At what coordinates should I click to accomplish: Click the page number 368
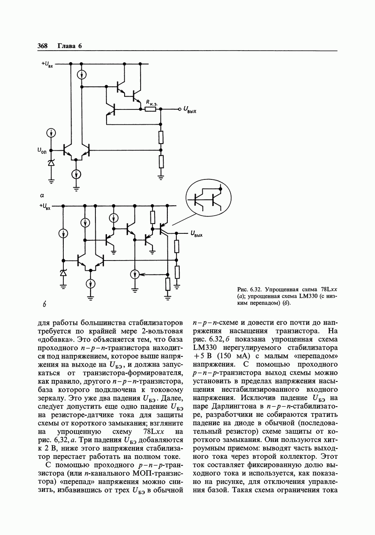coord(42,46)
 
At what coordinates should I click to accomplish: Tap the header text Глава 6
coord(69,46)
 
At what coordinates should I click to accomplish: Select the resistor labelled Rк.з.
coord(150,109)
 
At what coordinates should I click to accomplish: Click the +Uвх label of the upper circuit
coord(46,64)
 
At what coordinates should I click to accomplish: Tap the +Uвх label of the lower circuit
coord(45,206)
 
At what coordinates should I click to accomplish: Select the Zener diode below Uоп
coord(51,163)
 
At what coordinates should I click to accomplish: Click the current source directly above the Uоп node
coord(51,133)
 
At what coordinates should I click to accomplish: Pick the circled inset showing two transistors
coord(207,198)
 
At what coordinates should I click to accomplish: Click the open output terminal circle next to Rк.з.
coord(180,109)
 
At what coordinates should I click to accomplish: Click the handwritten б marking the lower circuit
coord(44,305)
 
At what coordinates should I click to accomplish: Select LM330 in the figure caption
coord(308,296)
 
